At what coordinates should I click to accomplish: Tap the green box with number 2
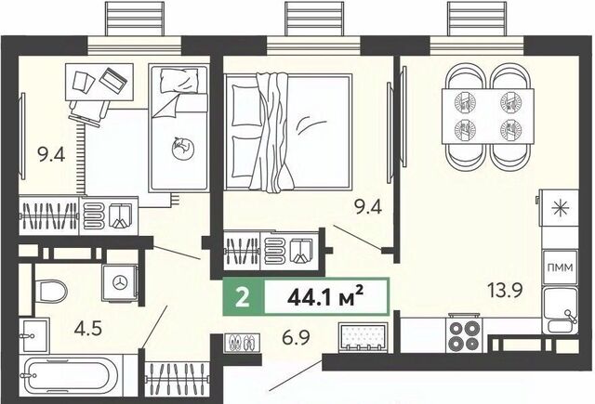click(x=243, y=297)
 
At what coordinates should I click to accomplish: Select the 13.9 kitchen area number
click(x=506, y=291)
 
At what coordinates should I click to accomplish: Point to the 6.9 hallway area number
click(x=296, y=337)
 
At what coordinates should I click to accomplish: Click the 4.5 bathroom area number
click(x=88, y=328)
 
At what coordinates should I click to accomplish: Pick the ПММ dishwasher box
click(x=561, y=267)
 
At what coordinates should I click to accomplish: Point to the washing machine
click(x=120, y=283)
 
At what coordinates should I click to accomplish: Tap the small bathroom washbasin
click(x=34, y=335)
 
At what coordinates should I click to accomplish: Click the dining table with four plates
click(x=488, y=116)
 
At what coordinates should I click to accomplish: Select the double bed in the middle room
click(x=287, y=132)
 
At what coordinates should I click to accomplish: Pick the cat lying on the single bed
click(x=181, y=148)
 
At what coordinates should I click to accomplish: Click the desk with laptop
click(x=99, y=82)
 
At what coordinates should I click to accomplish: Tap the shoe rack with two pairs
click(x=242, y=343)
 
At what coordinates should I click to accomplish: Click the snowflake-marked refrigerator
click(x=561, y=209)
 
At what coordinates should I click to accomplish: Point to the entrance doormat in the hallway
click(x=364, y=336)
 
